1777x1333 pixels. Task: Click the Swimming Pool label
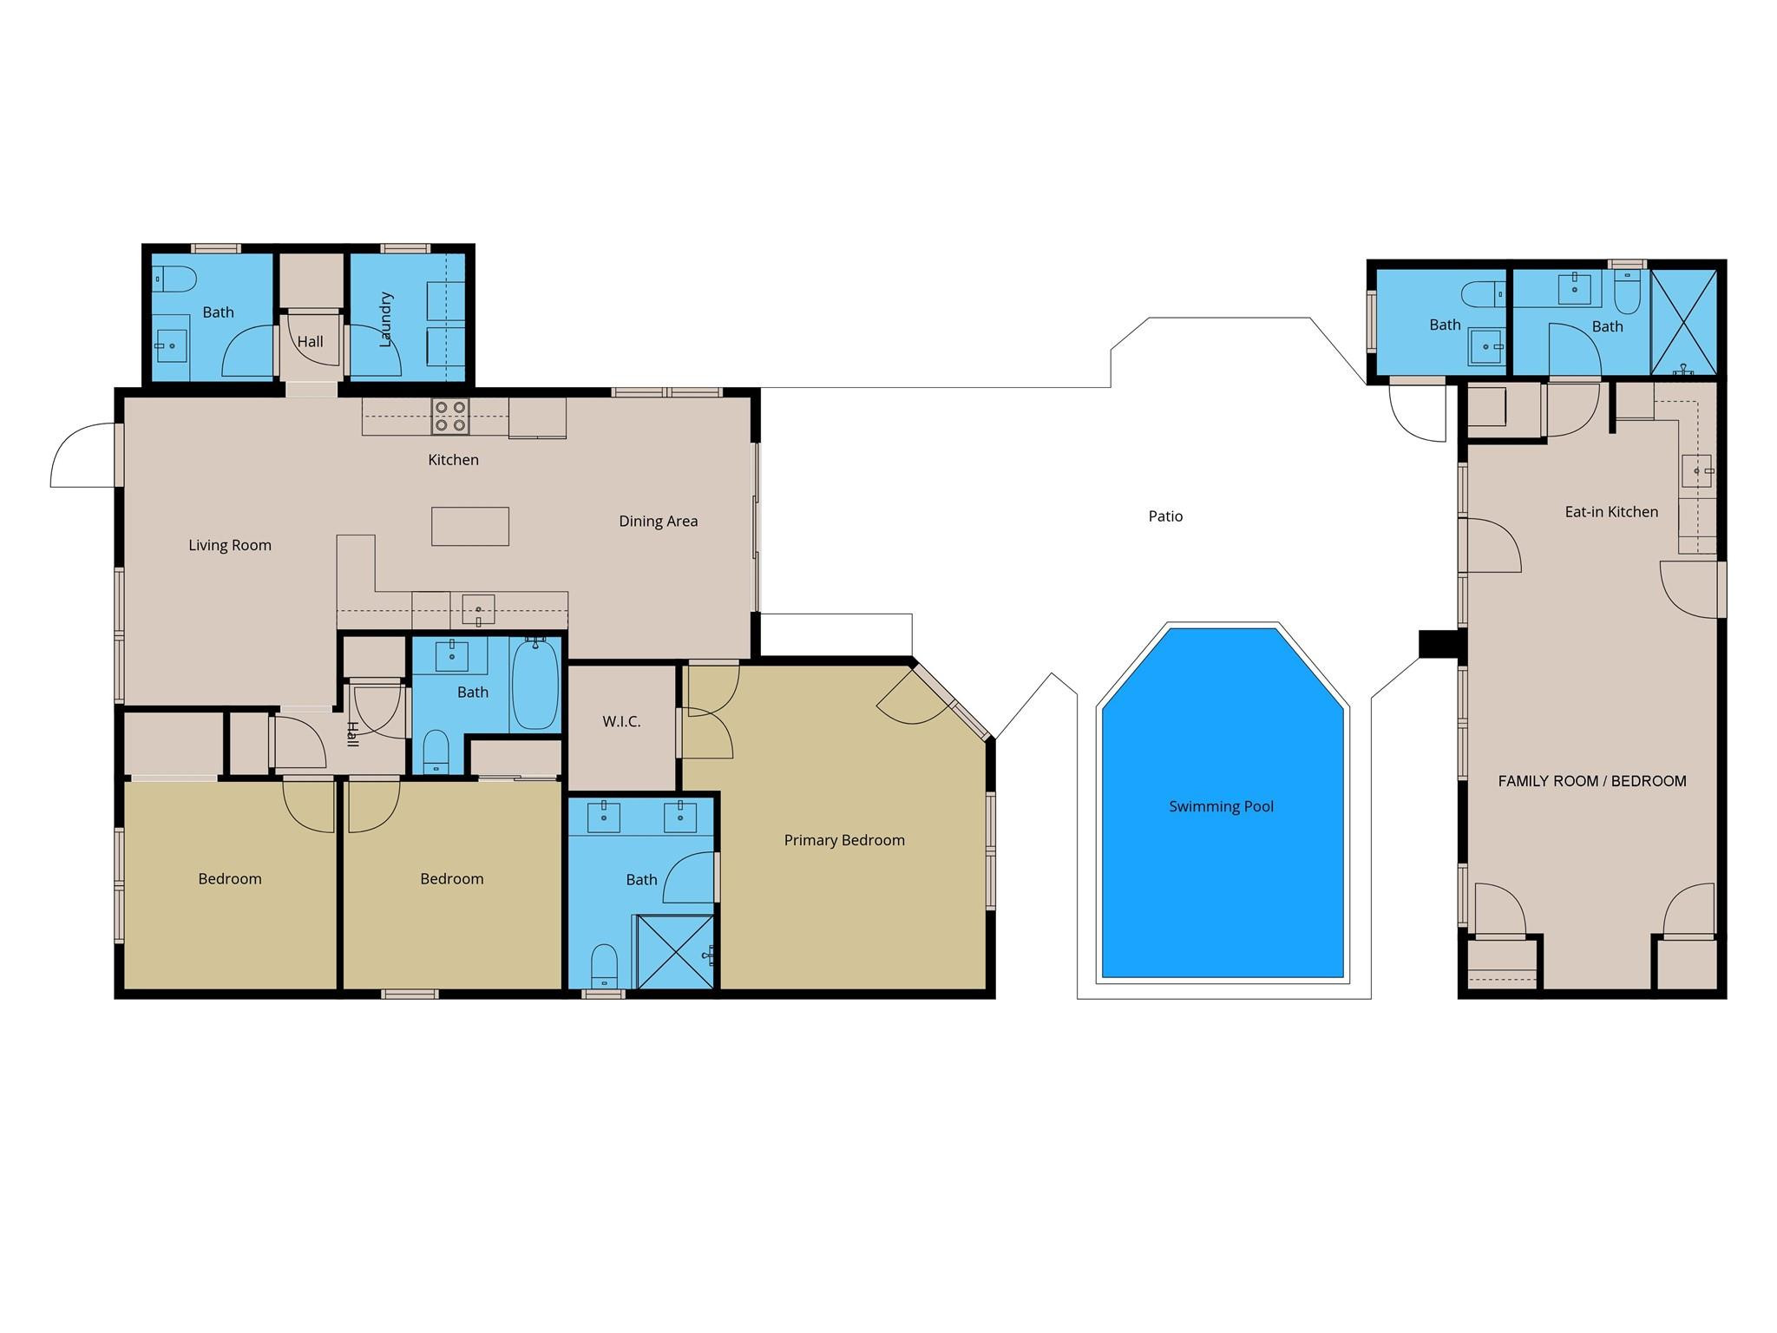pyautogui.click(x=1221, y=806)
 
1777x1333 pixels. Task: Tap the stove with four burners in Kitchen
pyautogui.click(x=450, y=417)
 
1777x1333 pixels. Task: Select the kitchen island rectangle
pyautogui.click(x=470, y=527)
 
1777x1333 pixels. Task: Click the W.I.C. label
pyautogui.click(x=621, y=721)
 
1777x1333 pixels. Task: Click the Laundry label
pyautogui.click(x=386, y=319)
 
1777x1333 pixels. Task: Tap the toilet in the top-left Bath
pyautogui.click(x=176, y=279)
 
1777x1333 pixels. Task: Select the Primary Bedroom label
pyautogui.click(x=844, y=840)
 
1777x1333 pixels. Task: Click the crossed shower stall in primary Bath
pyautogui.click(x=675, y=951)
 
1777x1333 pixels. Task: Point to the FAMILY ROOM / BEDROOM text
pyautogui.click(x=1592, y=781)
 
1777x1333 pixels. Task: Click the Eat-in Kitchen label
pyautogui.click(x=1611, y=512)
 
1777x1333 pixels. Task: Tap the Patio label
pyautogui.click(x=1165, y=516)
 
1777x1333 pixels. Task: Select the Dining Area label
pyautogui.click(x=658, y=522)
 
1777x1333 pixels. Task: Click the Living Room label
pyautogui.click(x=230, y=545)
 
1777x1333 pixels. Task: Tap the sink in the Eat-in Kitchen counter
pyautogui.click(x=1696, y=470)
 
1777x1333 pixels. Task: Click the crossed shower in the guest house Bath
pyautogui.click(x=1683, y=322)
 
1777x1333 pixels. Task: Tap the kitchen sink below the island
pyautogui.click(x=478, y=608)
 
